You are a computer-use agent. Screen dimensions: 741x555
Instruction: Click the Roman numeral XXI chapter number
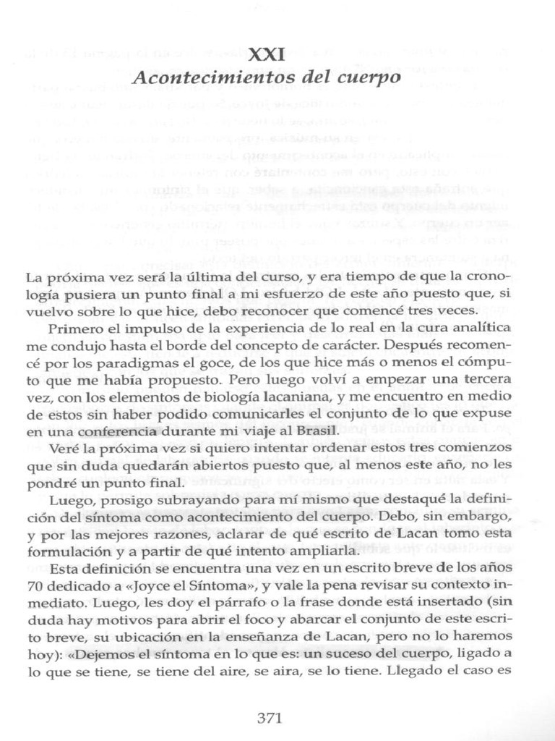[x=267, y=54]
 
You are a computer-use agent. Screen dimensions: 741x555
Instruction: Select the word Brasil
[x=317, y=431]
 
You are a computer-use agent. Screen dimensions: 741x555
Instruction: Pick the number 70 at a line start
[x=33, y=585]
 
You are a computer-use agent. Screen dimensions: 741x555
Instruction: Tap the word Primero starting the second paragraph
[x=71, y=328]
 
